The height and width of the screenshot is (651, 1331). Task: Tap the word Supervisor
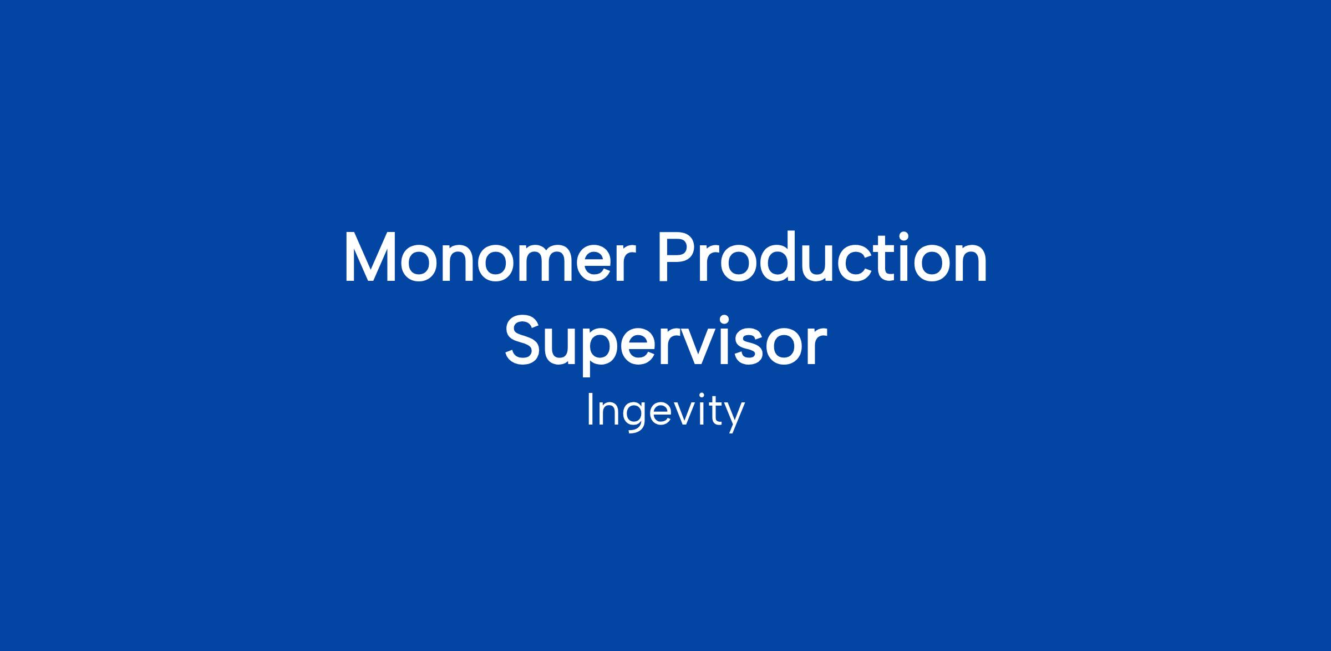point(665,344)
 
